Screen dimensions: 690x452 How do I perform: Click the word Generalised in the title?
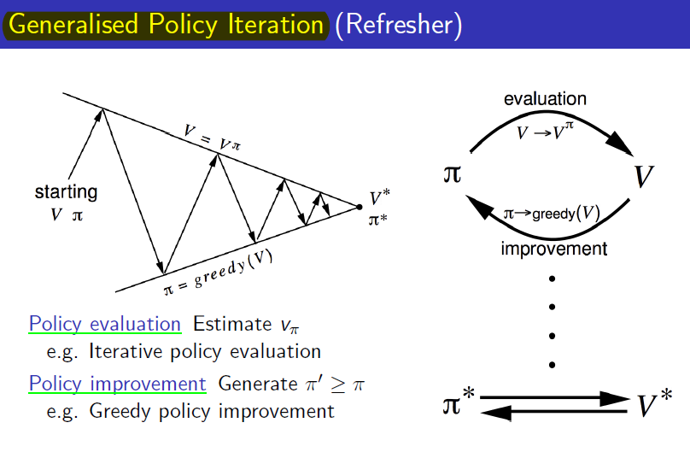tap(73, 24)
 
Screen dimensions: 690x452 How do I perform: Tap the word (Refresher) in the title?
tap(399, 25)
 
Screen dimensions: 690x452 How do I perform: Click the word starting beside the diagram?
tap(66, 192)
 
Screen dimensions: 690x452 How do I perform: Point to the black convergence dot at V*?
tap(359, 207)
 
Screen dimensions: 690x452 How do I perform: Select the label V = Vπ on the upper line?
tap(212, 138)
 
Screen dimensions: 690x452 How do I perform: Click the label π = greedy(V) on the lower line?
tap(219, 273)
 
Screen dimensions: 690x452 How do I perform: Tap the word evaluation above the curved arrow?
tap(545, 98)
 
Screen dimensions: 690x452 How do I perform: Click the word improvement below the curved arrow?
tap(554, 249)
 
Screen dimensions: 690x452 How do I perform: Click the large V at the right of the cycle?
tap(644, 176)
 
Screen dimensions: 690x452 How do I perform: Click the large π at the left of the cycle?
tap(453, 173)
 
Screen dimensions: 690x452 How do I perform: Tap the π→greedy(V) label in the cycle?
tap(552, 214)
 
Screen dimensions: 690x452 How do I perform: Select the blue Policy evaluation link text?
tap(105, 324)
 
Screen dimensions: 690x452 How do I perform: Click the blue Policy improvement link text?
tap(118, 384)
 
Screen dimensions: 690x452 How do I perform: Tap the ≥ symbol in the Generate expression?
tap(338, 384)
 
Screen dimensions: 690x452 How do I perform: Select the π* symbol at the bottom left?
tap(459, 401)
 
